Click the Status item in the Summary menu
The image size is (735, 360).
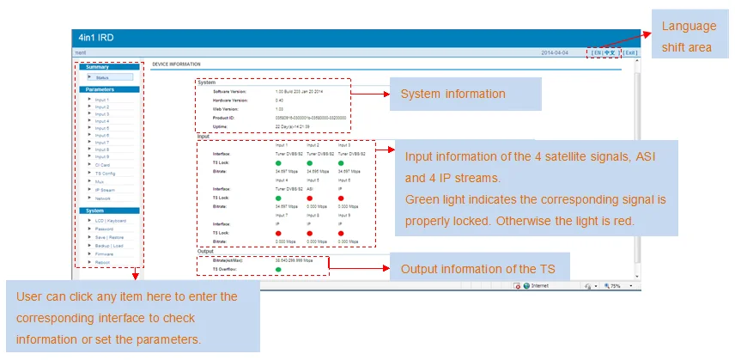point(102,77)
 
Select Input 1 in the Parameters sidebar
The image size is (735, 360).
point(101,100)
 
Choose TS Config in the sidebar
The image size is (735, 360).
point(104,173)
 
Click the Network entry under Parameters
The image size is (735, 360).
point(103,198)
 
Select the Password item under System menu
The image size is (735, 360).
point(104,229)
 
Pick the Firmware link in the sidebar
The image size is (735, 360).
point(104,253)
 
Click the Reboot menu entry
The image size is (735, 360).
point(102,262)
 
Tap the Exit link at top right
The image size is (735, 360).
point(630,52)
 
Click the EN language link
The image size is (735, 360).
point(596,52)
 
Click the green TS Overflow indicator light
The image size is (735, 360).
point(279,269)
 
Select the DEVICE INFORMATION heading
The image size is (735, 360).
point(176,64)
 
